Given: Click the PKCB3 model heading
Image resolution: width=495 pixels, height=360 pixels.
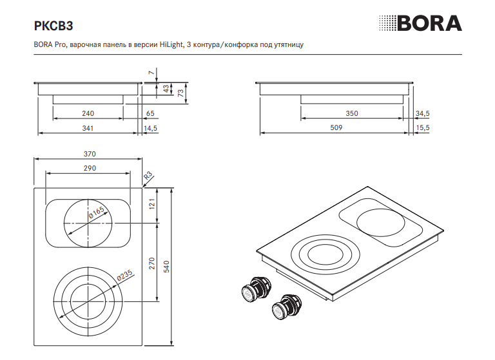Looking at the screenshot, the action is point(53,26).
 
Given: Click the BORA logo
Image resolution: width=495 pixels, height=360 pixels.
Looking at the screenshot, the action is point(420,23).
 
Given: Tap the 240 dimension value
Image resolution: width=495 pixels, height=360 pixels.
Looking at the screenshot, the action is point(88,113).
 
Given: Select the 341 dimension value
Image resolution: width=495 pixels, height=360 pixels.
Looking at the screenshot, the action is point(88,128).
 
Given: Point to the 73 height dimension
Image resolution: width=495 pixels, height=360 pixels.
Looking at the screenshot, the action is point(180,93).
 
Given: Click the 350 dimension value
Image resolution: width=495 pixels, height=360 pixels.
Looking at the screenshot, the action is point(352,113).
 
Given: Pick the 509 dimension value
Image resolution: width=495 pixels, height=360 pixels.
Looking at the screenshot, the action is point(336,128).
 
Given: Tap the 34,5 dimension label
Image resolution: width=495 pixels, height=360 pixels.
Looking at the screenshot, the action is point(422,113).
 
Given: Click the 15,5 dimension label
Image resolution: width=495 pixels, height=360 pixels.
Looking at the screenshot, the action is point(423,128).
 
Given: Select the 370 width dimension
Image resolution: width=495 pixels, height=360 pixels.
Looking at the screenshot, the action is point(90,154).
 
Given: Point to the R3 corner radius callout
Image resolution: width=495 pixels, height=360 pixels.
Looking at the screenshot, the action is point(148,175).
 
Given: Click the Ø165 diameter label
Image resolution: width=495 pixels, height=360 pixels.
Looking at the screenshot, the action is point(96,213).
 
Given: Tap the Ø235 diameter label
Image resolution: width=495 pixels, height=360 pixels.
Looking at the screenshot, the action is point(124,275).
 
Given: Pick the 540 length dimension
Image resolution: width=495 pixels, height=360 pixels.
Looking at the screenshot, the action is point(166,267).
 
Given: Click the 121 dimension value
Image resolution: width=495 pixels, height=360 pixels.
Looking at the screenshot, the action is point(152,204).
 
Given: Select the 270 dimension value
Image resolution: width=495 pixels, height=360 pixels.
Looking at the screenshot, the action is point(152,263).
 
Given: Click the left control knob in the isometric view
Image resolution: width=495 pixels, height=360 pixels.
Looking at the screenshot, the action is point(256,289).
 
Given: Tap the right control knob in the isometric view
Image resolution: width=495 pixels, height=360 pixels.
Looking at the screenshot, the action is point(287,307).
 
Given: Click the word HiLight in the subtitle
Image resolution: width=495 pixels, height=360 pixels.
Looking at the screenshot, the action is point(171,44).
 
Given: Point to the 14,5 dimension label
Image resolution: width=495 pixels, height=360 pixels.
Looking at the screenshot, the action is point(150,128).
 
